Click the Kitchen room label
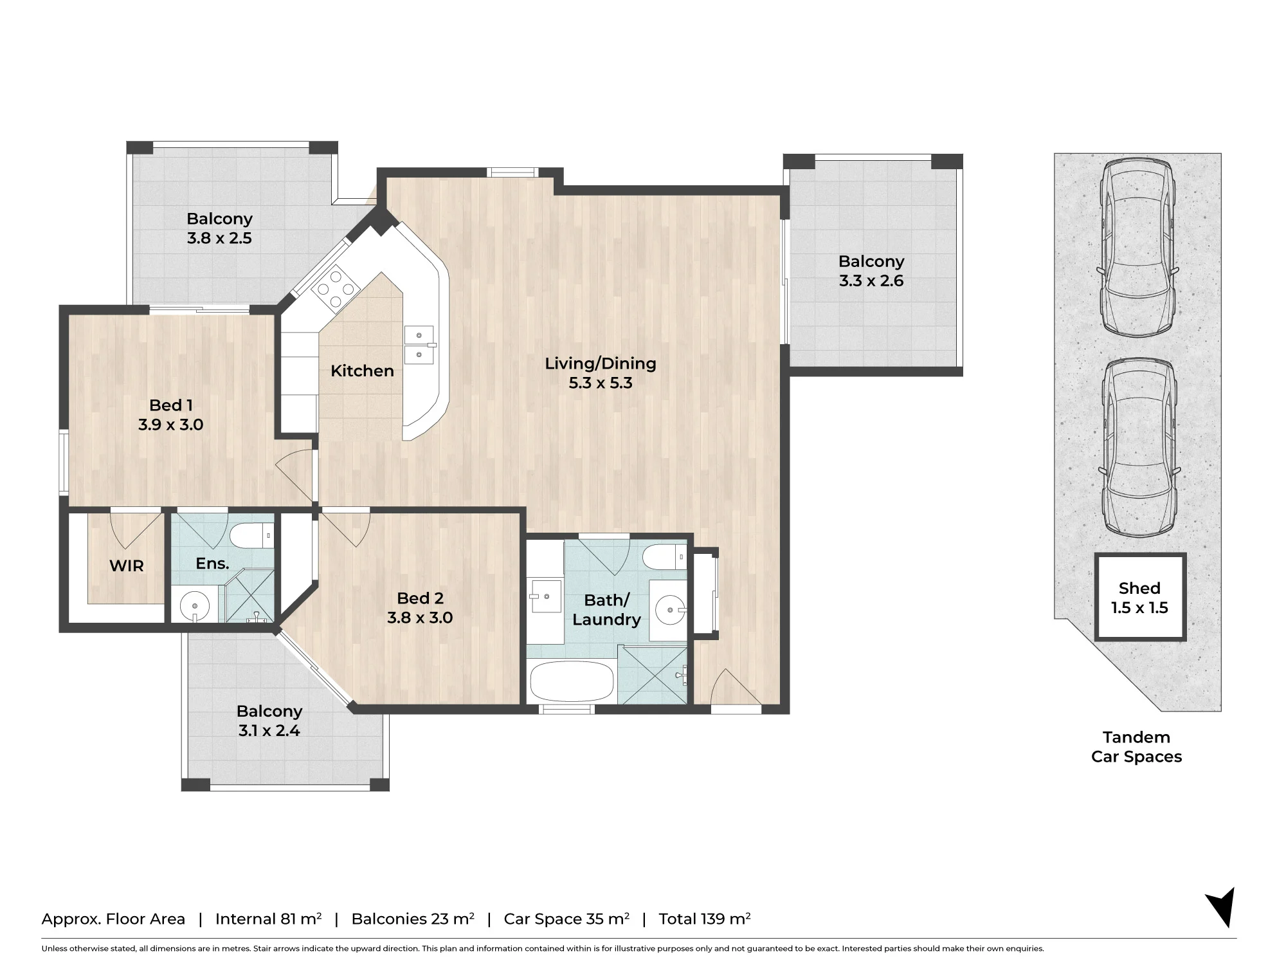coord(362,371)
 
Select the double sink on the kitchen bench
coord(419,345)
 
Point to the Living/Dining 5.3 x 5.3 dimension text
coord(601,383)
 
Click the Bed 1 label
coord(171,405)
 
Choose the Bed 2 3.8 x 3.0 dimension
coord(420,618)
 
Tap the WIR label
coord(127,566)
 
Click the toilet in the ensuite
coord(251,535)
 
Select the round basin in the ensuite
coord(194,605)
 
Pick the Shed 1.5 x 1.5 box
coord(1140,598)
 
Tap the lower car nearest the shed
coord(1139,448)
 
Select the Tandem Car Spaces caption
coord(1137,747)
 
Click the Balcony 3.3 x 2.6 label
coord(871,271)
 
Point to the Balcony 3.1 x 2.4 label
coord(269,721)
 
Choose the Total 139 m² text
coord(705,919)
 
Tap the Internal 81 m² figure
coord(269,919)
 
